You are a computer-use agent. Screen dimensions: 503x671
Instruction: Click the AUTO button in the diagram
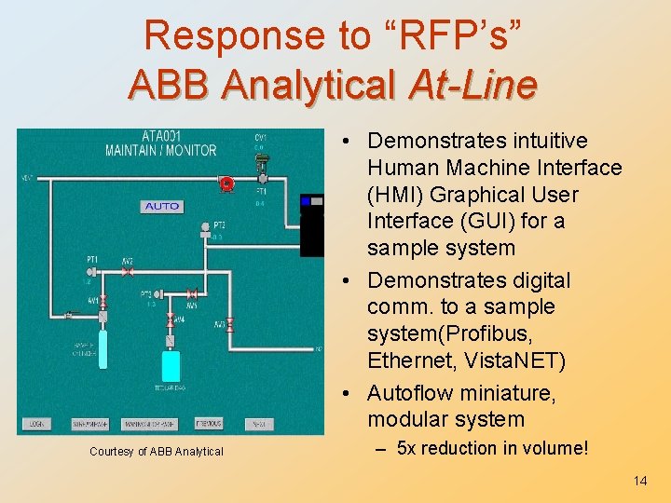coord(162,206)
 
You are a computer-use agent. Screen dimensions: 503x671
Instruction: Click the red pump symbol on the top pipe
coord(225,184)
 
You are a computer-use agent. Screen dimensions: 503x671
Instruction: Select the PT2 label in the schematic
coord(219,224)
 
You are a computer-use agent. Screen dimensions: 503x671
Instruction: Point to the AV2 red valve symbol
coord(129,272)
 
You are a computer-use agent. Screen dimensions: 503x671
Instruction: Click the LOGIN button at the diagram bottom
coord(37,423)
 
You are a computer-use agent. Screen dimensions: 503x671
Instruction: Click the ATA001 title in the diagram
coord(160,136)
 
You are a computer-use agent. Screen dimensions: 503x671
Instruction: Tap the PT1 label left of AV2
coord(93,261)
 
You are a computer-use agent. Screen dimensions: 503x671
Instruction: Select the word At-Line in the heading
coord(472,85)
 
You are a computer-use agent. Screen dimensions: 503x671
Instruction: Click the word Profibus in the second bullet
coord(503,333)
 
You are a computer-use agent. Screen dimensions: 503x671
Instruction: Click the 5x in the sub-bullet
coord(407,448)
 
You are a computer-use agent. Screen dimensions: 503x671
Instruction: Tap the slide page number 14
coord(640,481)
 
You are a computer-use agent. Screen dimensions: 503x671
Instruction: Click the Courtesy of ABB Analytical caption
coord(157,452)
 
